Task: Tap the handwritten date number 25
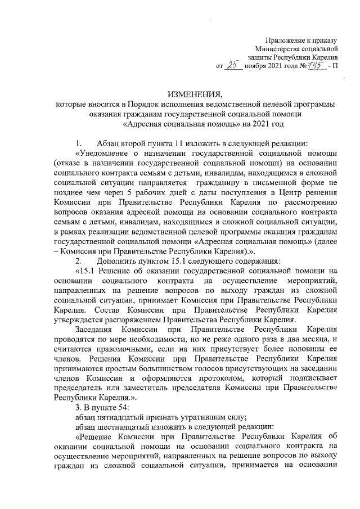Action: (232, 65)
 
